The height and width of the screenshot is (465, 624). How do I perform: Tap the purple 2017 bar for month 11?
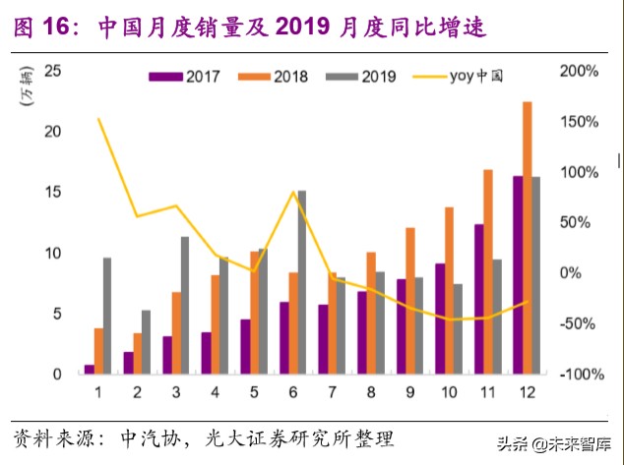click(x=479, y=299)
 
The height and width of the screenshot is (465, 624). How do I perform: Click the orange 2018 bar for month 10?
click(x=449, y=290)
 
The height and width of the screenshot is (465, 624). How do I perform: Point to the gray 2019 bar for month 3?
click(x=184, y=305)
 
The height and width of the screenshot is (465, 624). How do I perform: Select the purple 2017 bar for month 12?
click(x=518, y=274)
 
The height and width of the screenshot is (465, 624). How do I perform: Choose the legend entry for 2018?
click(x=278, y=77)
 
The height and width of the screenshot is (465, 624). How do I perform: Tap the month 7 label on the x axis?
click(x=332, y=393)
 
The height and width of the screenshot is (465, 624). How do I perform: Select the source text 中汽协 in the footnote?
click(x=147, y=436)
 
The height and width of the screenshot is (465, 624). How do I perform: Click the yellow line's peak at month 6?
click(x=293, y=192)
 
